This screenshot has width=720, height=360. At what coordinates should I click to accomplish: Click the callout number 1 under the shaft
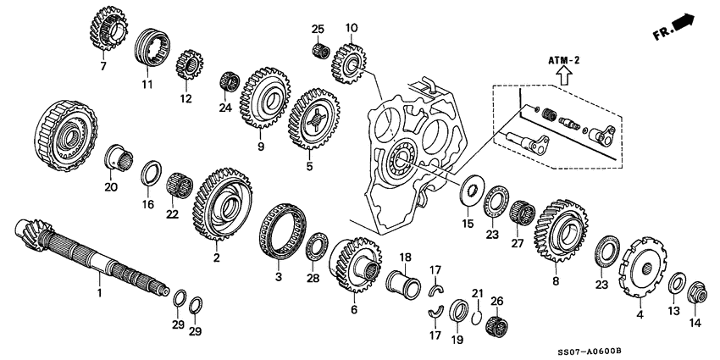tap(98, 293)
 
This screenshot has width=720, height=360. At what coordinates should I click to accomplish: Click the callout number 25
tap(318, 30)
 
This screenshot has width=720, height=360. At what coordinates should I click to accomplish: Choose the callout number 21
tap(476, 293)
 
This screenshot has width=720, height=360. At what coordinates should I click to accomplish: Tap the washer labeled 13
tap(678, 282)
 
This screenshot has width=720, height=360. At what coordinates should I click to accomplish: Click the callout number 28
tap(313, 279)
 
